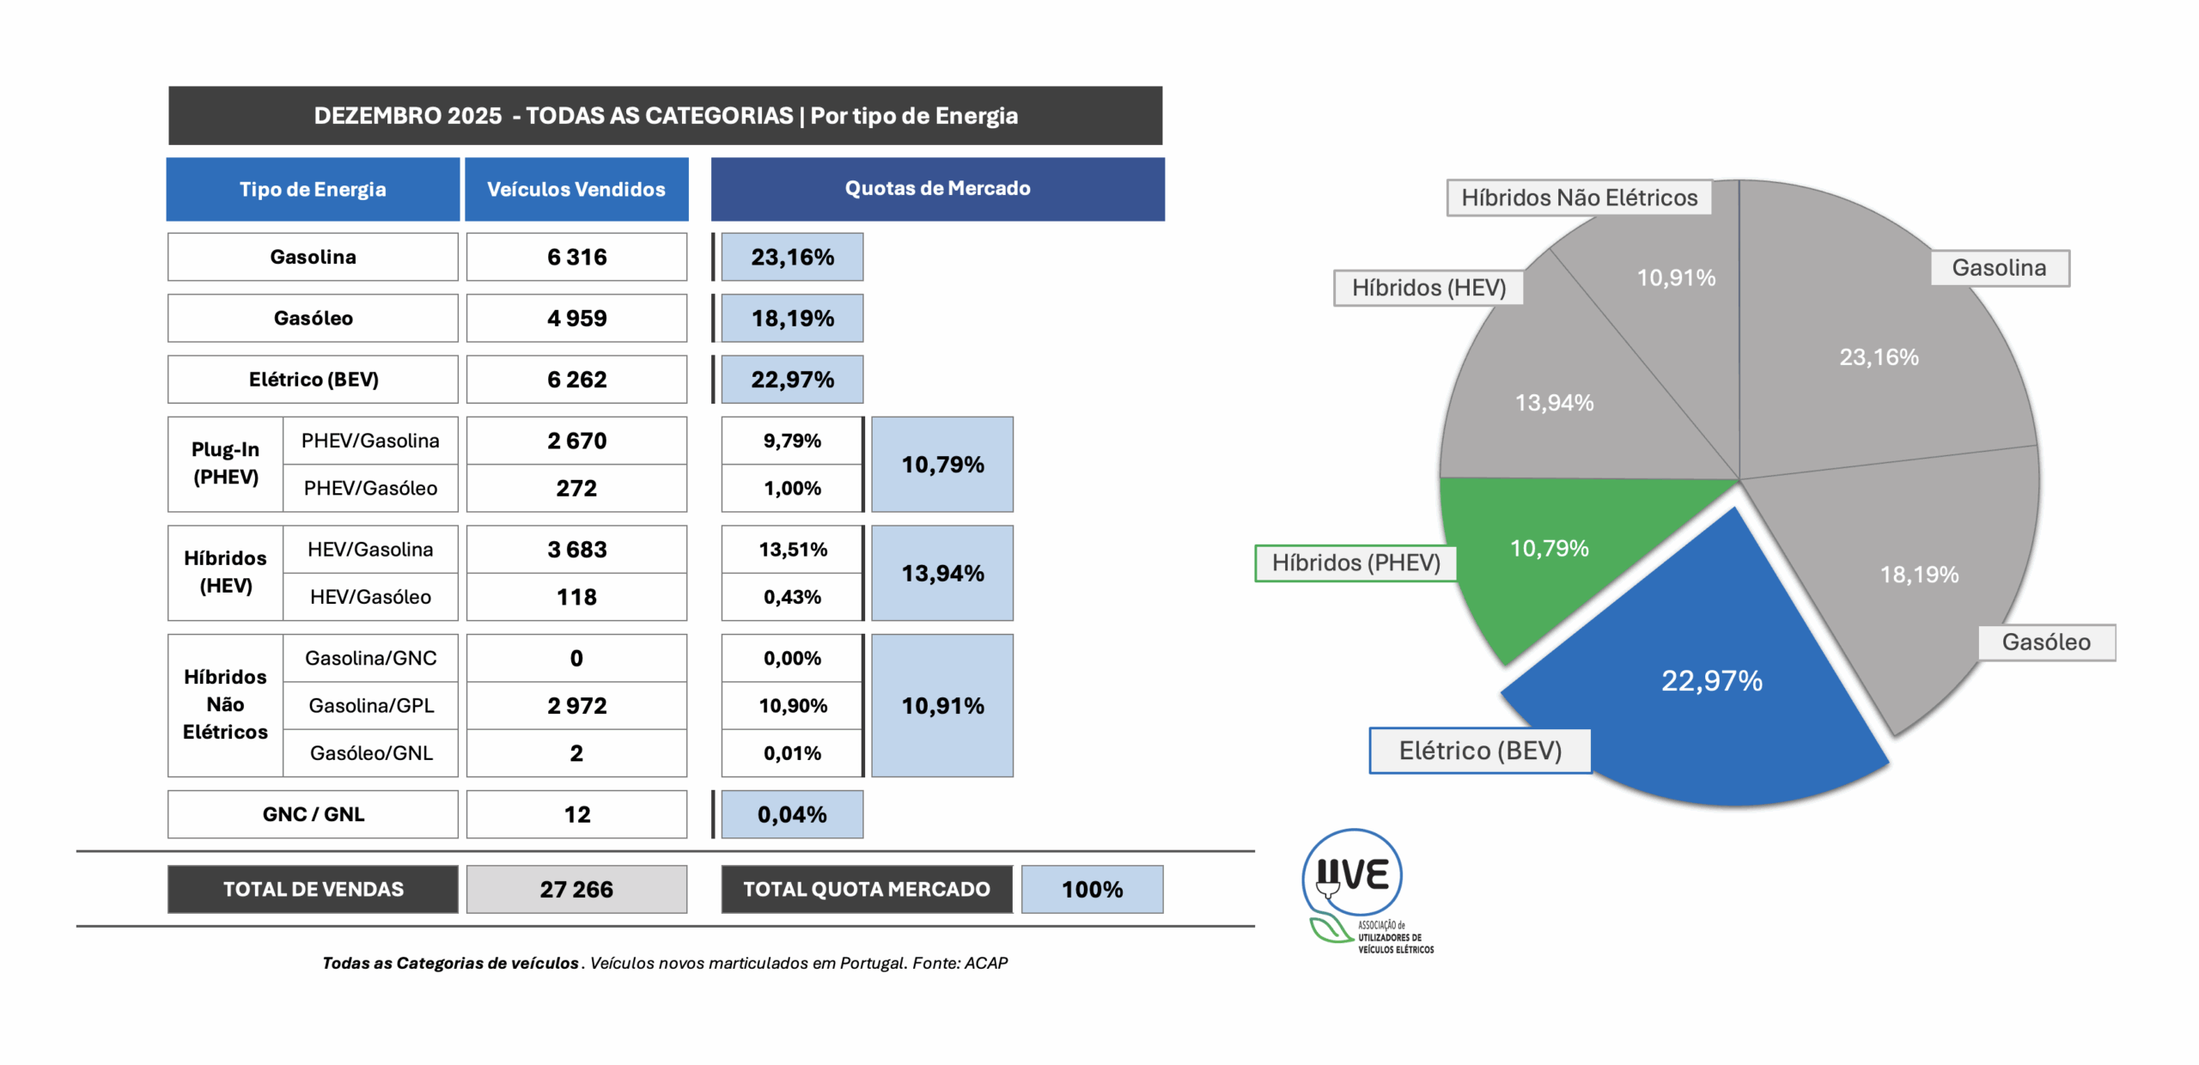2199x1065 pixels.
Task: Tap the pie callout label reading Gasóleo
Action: click(2046, 642)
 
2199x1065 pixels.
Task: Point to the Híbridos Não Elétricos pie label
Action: click(1579, 198)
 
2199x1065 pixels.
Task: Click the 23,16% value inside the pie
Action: click(1879, 357)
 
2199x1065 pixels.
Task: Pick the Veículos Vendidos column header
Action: click(576, 189)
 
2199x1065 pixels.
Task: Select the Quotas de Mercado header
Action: click(937, 189)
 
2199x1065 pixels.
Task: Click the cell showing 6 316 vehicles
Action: click(576, 257)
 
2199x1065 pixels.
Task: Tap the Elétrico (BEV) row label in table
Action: click(313, 380)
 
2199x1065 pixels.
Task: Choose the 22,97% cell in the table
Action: click(792, 380)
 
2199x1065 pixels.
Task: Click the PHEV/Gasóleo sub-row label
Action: click(370, 489)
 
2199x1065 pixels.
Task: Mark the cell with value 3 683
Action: click(576, 550)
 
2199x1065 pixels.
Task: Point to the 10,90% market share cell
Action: click(792, 706)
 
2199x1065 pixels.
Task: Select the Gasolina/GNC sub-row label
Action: click(370, 659)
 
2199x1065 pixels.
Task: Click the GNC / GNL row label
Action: click(313, 814)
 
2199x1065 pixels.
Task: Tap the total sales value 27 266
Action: click(576, 890)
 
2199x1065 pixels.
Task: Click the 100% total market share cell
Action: click(1092, 890)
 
